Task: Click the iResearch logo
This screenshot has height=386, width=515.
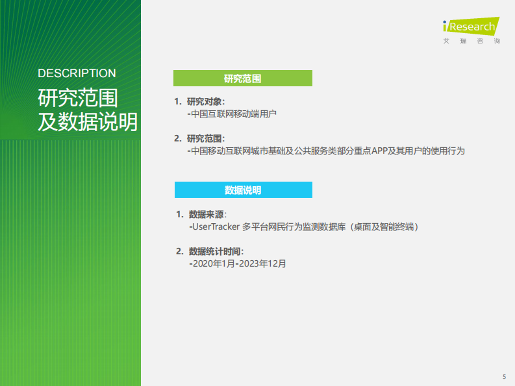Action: tap(470, 27)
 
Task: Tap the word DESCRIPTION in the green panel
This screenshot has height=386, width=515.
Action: tap(77, 73)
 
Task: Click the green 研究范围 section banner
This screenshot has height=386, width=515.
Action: tap(242, 78)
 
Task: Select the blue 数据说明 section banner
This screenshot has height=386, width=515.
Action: tap(243, 190)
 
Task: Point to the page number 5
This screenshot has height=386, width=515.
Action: tap(504, 377)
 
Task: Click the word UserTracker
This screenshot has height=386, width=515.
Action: tap(216, 227)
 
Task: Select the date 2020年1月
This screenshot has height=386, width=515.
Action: tap(213, 264)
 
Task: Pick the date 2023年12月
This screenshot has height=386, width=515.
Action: tap(262, 264)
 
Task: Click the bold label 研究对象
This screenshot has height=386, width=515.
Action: tap(205, 102)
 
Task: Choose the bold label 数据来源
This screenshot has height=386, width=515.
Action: tap(207, 215)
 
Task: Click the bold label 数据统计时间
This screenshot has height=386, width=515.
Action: tap(216, 252)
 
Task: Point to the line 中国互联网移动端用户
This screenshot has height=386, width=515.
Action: tap(233, 114)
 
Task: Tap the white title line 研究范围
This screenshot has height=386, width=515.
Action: tap(77, 99)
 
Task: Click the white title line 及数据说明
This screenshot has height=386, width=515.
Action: tap(88, 121)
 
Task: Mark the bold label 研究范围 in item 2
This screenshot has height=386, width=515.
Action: tap(205, 139)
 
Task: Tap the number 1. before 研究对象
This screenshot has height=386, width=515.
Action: tap(177, 102)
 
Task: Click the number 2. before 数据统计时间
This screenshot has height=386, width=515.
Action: tap(179, 252)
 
